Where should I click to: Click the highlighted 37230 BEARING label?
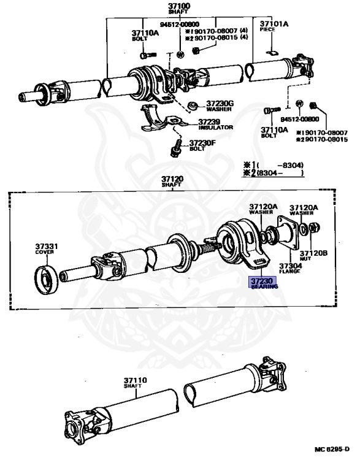[x=262, y=283]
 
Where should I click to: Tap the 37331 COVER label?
[x=46, y=249]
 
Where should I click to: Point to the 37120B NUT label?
[x=313, y=255]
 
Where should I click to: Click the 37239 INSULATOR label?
[x=215, y=124]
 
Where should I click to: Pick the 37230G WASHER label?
[x=220, y=106]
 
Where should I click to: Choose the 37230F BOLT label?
[x=202, y=145]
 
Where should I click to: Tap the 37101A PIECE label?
[x=274, y=26]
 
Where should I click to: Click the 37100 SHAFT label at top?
[x=179, y=9]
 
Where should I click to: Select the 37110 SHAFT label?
[x=135, y=383]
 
